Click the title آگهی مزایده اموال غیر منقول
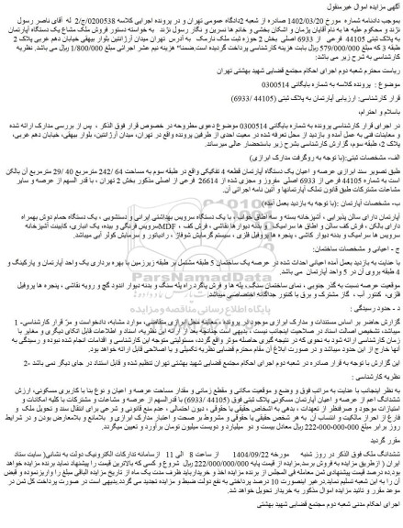click(362, 6)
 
